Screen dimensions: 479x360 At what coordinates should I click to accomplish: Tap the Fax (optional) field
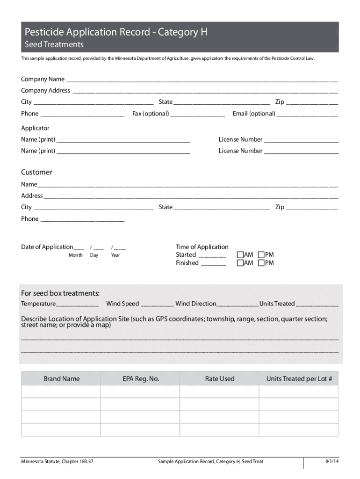coord(198,114)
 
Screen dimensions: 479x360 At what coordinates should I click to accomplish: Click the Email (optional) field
coord(307,114)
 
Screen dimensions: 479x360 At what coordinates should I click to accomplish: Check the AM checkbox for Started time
coord(240,255)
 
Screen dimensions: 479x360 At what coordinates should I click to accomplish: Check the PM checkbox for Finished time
coord(261,263)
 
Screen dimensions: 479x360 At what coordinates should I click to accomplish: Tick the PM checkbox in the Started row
coord(261,255)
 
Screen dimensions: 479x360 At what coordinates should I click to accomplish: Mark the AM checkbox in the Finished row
coord(240,263)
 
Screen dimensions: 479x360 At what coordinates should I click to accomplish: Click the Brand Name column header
coord(61,379)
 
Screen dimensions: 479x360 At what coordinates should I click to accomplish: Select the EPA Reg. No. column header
coord(141,379)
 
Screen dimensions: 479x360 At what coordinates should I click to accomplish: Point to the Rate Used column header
coord(220,379)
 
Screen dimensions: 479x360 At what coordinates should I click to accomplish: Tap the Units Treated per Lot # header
coord(299,379)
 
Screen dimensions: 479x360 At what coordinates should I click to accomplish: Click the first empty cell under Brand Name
coord(61,392)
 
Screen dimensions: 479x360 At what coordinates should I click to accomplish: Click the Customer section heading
coord(36,172)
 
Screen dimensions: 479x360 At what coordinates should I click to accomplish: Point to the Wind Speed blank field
coord(157,304)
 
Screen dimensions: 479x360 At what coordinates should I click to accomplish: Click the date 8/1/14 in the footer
coord(332,461)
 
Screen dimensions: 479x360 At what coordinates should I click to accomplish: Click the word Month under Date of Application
coord(76,255)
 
